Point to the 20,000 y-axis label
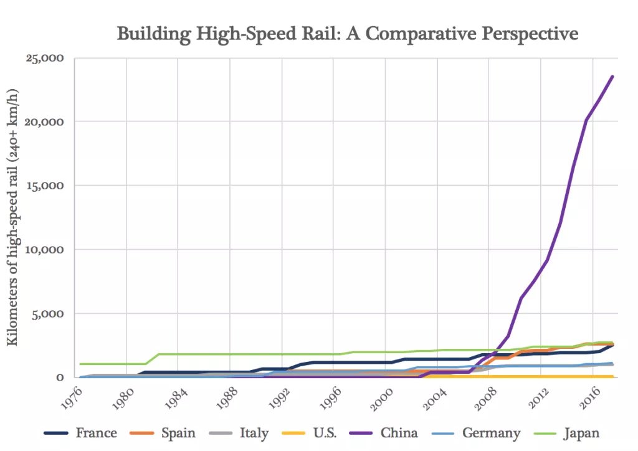click(44, 121)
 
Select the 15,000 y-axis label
click(45, 186)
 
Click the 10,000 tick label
click(45, 250)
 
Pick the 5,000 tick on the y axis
click(49, 314)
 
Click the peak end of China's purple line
click(613, 76)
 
